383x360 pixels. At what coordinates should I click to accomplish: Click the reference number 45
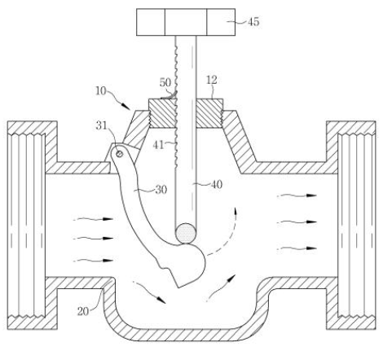point(253,22)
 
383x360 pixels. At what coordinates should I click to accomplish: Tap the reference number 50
point(165,82)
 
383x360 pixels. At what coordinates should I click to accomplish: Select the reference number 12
point(212,80)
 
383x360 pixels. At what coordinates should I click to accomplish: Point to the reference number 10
point(100,90)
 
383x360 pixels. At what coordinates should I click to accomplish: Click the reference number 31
point(102,125)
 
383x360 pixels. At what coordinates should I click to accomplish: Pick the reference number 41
point(158,145)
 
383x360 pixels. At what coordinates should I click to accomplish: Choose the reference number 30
point(161,190)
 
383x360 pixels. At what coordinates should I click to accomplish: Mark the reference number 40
point(217,185)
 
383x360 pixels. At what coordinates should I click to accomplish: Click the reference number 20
point(83,311)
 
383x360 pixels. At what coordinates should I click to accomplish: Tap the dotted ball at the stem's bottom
point(186,233)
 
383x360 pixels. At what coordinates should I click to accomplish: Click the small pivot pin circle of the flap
point(119,154)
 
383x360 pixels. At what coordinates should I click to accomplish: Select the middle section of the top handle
point(186,22)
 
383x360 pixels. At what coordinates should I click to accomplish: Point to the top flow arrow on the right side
point(297,195)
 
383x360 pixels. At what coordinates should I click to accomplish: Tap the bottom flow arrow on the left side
point(93,261)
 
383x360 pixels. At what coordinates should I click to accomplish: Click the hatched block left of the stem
point(162,113)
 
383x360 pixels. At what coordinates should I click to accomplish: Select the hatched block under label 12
point(209,113)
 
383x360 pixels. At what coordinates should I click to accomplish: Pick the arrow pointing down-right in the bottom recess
point(149,292)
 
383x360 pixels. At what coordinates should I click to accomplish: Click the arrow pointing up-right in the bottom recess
point(219,288)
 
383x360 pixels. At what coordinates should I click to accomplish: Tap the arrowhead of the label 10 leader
point(126,107)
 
